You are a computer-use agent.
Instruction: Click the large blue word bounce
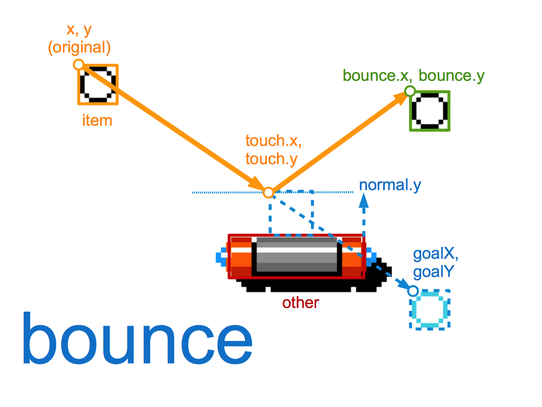[137, 339]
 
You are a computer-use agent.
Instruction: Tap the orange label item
[97, 121]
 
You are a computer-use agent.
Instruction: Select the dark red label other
[300, 303]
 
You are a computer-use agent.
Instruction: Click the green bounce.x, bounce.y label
[413, 76]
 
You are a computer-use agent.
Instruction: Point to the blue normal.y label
[390, 185]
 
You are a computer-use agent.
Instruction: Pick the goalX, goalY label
[436, 263]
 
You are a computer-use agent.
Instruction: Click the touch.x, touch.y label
[273, 150]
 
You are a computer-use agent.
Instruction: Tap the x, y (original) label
[79, 39]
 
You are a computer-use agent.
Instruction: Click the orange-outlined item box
[98, 85]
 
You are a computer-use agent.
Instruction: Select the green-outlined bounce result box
[430, 111]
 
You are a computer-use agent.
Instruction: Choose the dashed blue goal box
[430, 309]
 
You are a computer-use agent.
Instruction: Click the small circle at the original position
[79, 64]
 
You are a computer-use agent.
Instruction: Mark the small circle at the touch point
[269, 192]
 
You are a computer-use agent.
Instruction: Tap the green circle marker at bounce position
[410, 91]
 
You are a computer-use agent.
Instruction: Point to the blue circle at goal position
[413, 291]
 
